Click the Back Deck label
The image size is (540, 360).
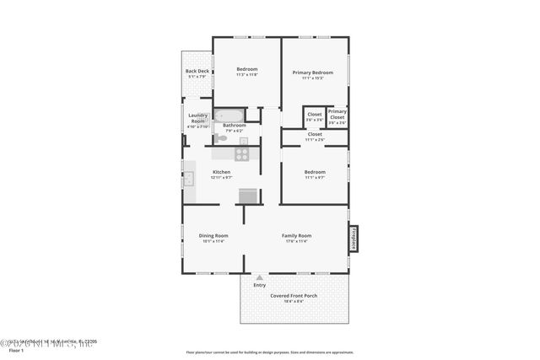click(197, 71)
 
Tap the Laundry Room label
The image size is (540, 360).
click(197, 118)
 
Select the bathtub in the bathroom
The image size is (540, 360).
click(229, 116)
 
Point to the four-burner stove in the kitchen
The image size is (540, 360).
click(242, 153)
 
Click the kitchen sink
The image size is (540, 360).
click(189, 178)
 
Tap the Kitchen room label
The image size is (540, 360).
click(221, 172)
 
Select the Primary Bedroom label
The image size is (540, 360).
click(313, 73)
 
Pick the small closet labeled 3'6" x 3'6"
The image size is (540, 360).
click(314, 117)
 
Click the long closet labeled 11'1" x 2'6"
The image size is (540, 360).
click(314, 134)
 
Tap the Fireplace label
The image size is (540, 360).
click(354, 238)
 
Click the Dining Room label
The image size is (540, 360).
click(213, 235)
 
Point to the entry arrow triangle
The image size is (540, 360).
click(259, 277)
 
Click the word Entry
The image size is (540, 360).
click(259, 285)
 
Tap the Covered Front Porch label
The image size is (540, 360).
click(293, 296)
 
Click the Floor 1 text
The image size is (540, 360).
click(15, 350)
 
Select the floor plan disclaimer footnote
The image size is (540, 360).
click(270, 351)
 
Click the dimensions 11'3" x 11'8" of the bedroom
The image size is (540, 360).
click(246, 76)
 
